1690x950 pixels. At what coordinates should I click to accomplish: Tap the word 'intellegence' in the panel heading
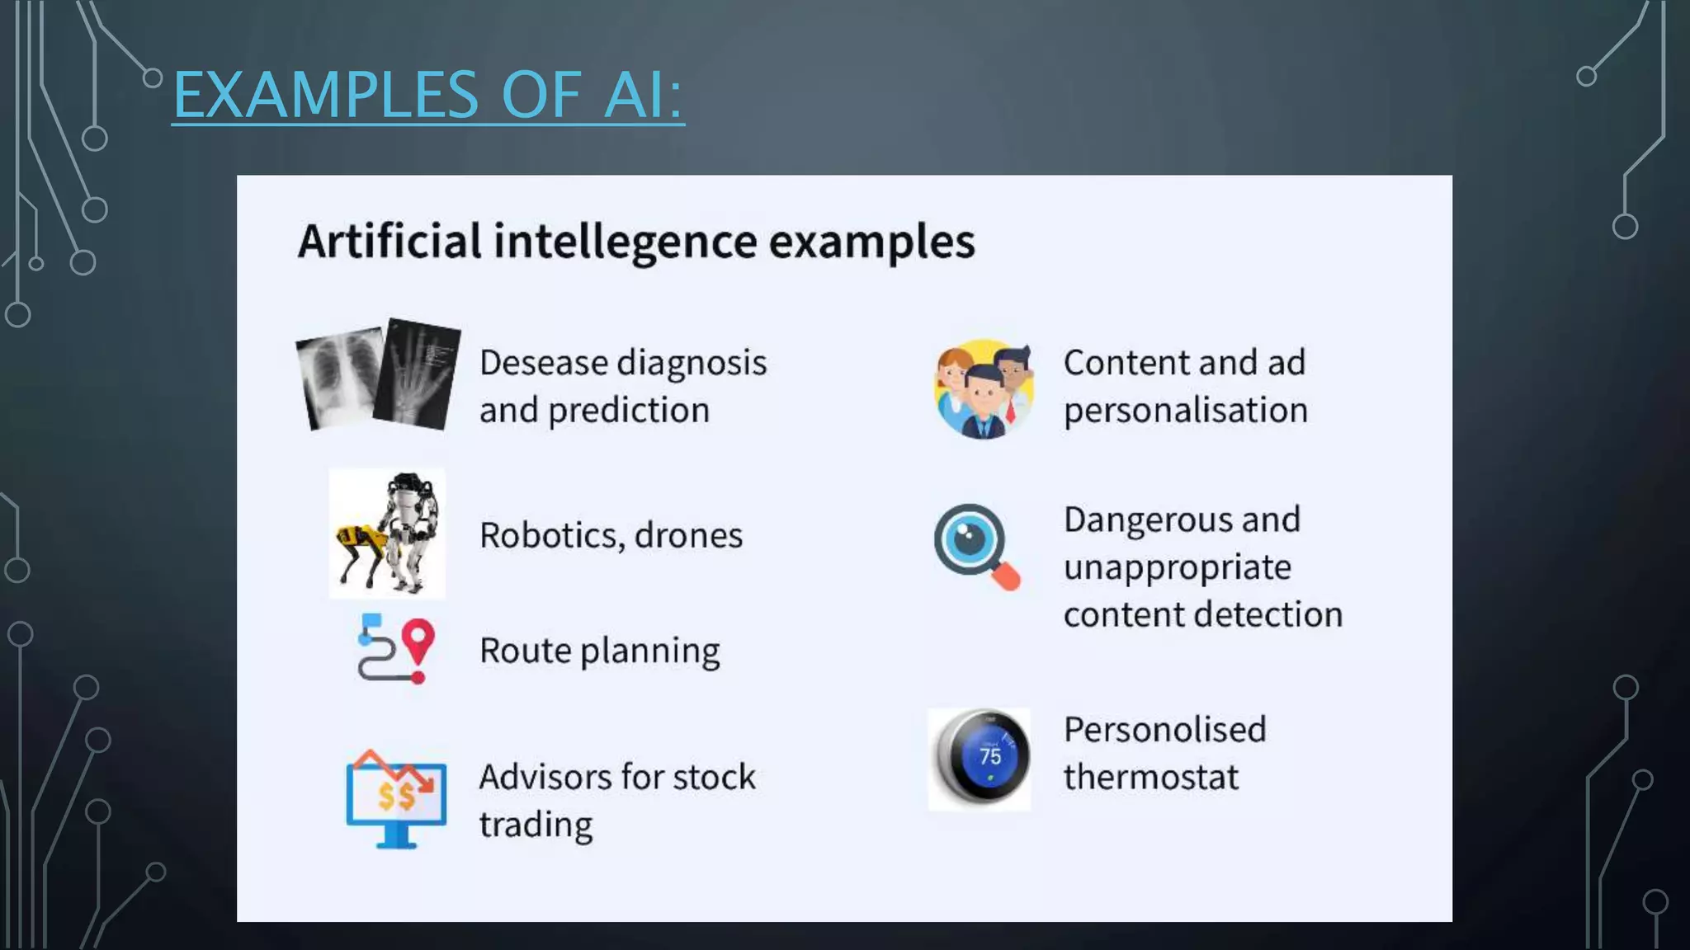(625, 242)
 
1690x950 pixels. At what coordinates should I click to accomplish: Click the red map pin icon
(418, 640)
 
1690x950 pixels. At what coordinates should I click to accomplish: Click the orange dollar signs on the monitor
(396, 797)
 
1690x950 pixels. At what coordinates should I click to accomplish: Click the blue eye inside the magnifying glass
(970, 541)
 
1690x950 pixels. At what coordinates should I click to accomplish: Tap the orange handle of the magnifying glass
(1006, 576)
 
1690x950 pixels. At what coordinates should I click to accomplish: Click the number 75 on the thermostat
(990, 756)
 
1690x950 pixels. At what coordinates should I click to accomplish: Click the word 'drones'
(688, 535)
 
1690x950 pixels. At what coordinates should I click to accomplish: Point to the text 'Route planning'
(599, 651)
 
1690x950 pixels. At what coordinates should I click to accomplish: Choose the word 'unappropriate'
(1177, 568)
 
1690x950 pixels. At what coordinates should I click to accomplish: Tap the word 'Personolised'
(1164, 730)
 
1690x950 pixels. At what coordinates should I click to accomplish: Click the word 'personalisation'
(1185, 411)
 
